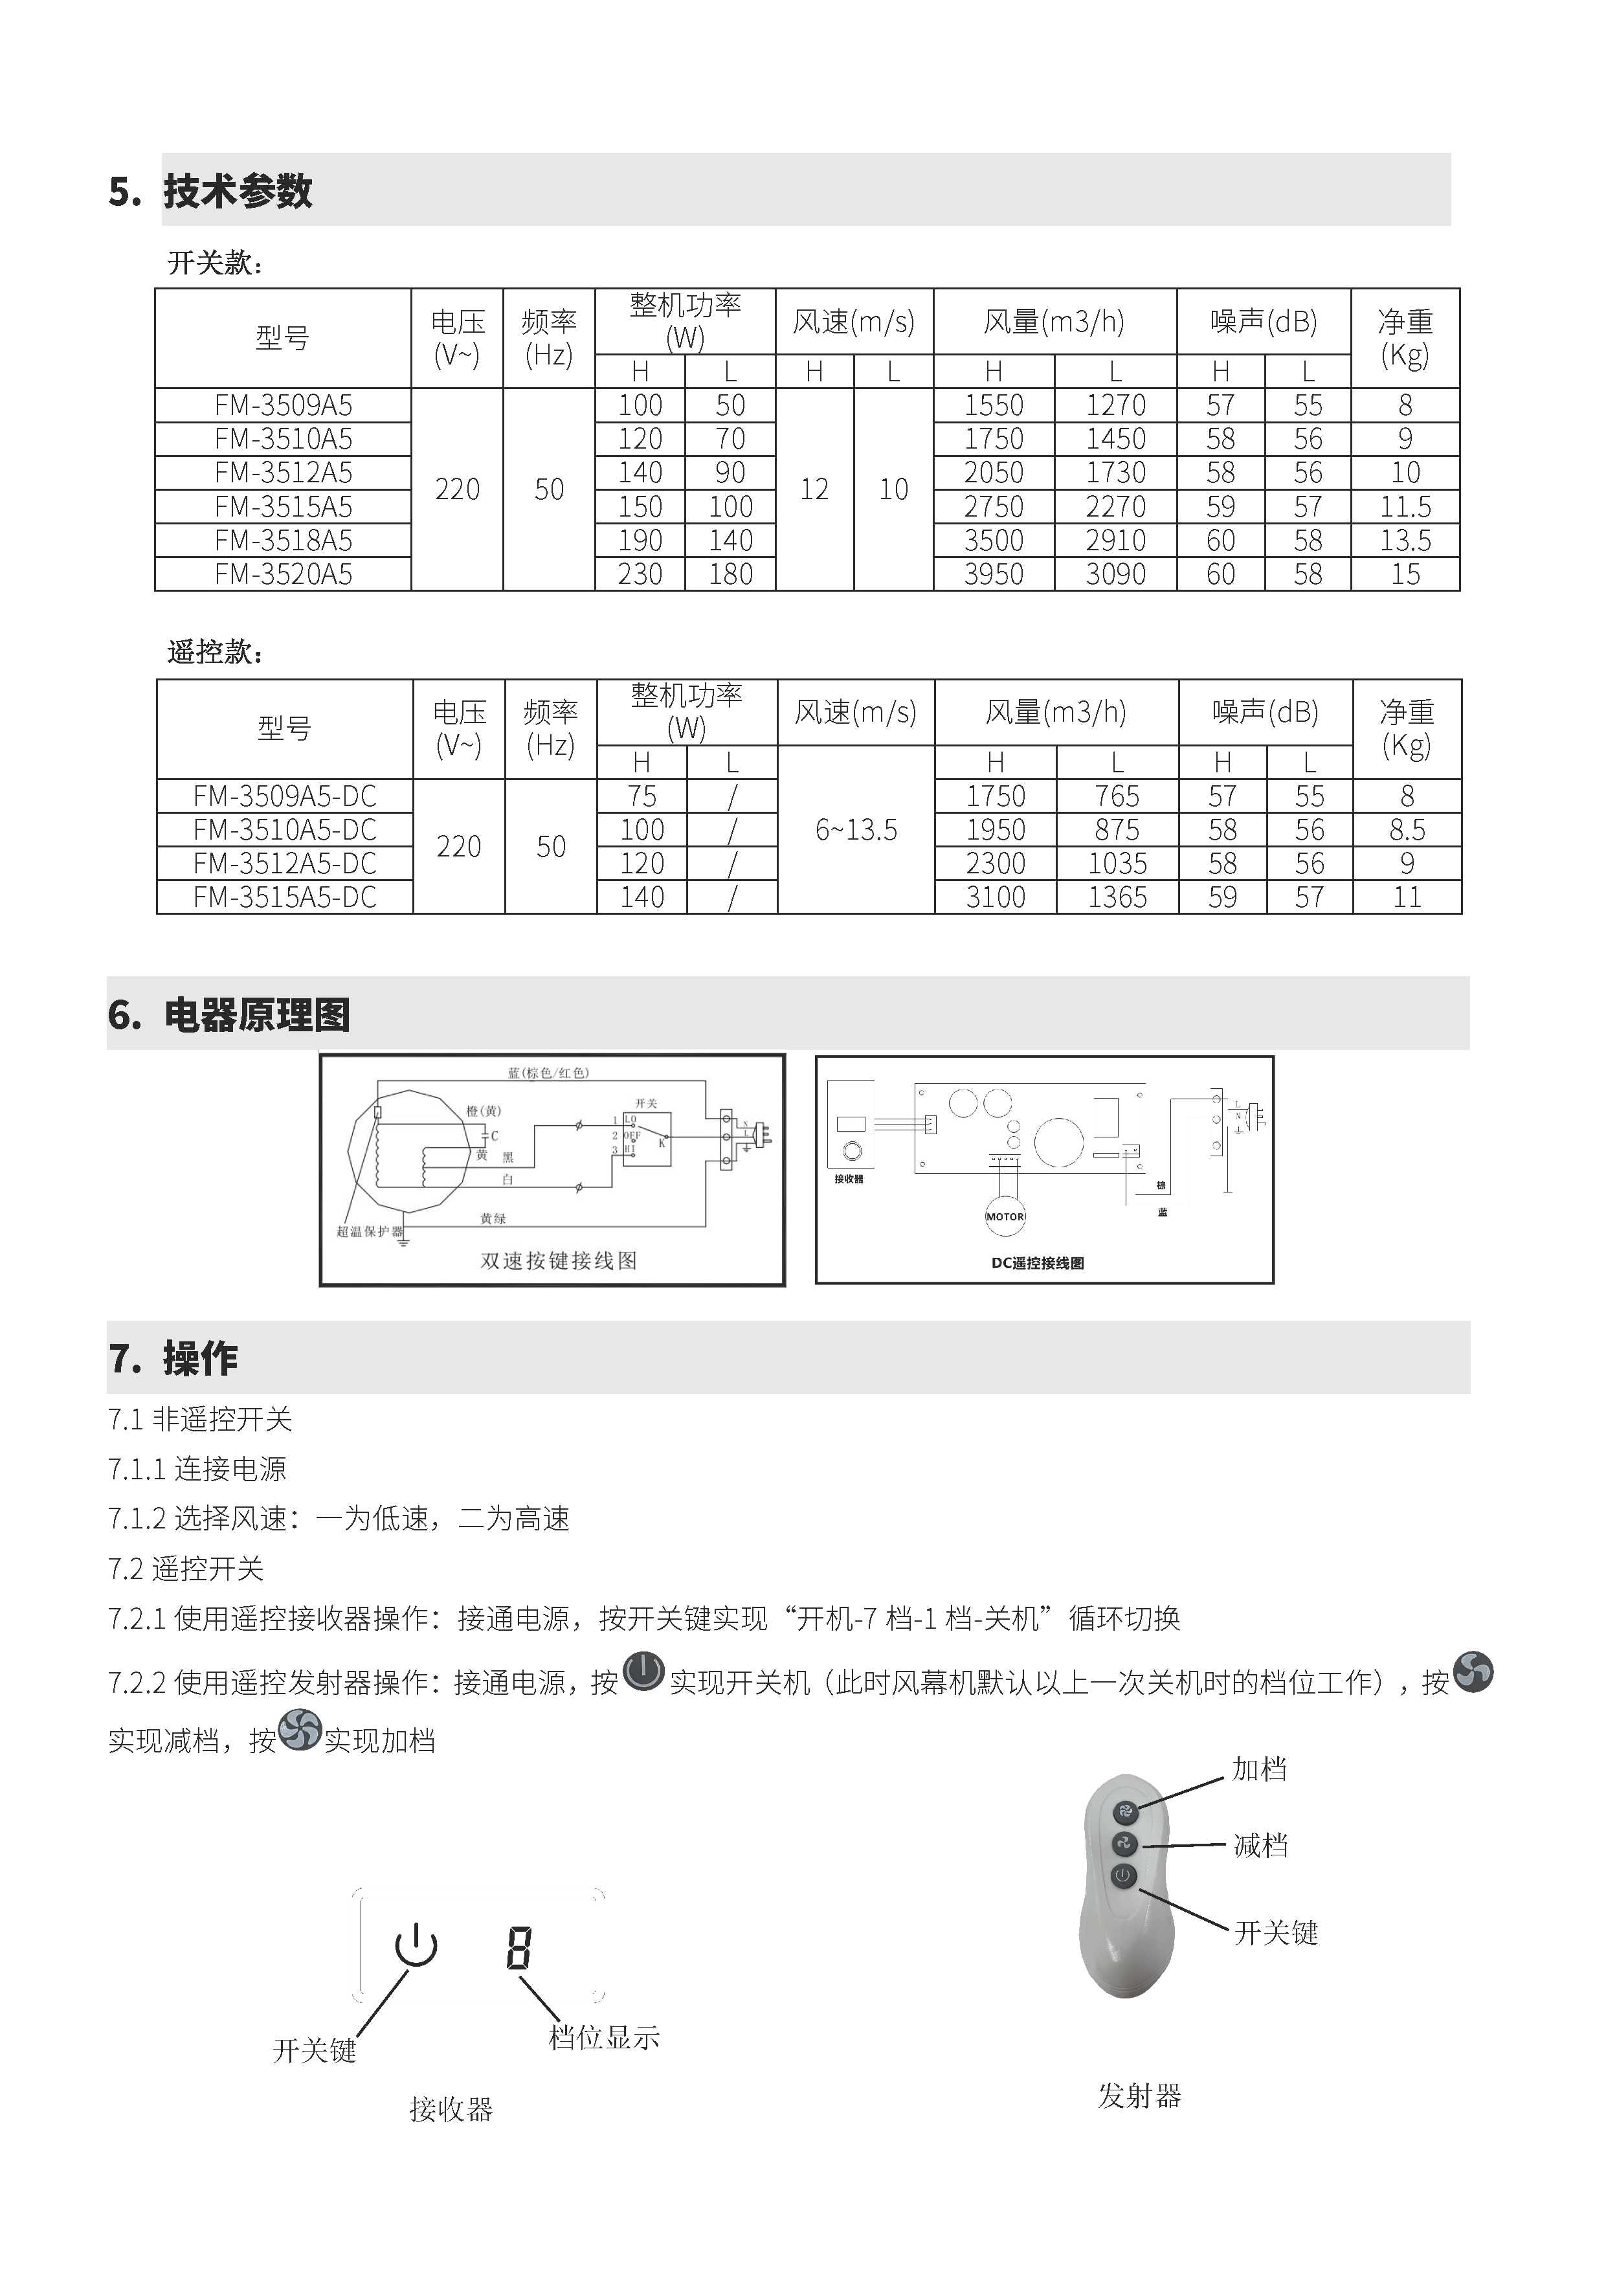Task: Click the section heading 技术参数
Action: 238,191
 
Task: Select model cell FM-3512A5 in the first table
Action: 283,473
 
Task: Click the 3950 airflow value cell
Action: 993,575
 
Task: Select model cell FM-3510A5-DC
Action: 285,830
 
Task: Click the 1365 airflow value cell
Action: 1117,897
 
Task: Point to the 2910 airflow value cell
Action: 1115,541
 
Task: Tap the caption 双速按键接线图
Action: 559,1260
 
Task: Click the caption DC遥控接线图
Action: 1038,1263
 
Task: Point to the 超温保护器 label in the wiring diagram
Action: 370,1231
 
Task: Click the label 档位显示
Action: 603,2037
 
